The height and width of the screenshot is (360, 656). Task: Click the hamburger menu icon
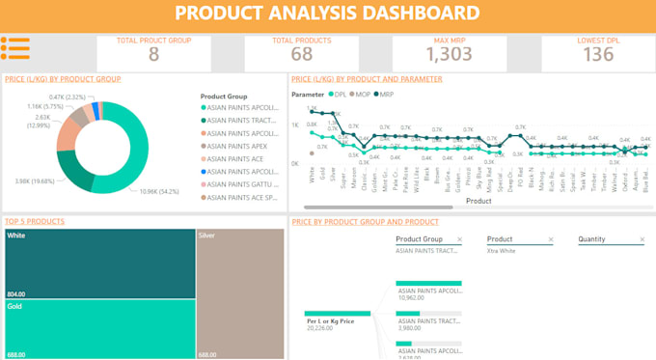[15, 47]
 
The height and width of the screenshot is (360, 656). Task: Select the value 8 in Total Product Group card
[153, 54]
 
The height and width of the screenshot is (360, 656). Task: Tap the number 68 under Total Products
[301, 54]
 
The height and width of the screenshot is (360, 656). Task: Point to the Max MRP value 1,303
[449, 54]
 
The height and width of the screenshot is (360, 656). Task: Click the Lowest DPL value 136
[598, 54]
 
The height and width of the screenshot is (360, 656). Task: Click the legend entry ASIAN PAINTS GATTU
[242, 183]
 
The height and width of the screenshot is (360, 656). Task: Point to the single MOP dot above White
[312, 152]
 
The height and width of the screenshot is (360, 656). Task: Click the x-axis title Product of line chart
[478, 201]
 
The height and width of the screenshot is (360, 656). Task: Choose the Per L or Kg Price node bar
[338, 314]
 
